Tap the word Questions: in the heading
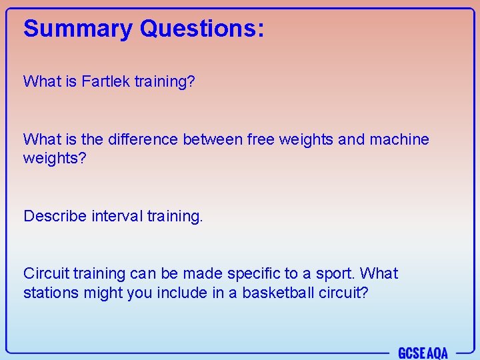(x=202, y=29)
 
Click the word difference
(x=139, y=139)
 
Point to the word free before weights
(x=261, y=139)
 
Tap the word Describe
(x=55, y=216)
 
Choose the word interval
(x=117, y=216)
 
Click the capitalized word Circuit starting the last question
(x=46, y=273)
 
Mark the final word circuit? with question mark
(x=343, y=293)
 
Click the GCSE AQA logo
(x=423, y=353)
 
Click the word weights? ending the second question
(x=55, y=159)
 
